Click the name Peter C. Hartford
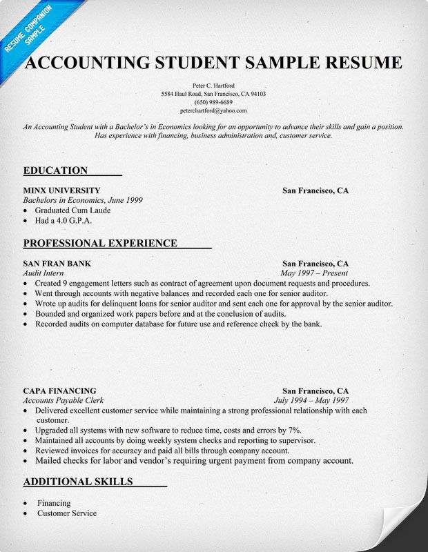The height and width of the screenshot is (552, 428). tap(214, 83)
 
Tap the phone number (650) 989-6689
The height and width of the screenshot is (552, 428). tap(214, 101)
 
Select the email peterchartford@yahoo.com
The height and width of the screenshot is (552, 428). tap(214, 110)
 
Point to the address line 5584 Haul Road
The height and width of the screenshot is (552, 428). tap(214, 92)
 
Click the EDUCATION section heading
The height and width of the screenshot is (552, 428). tap(55, 170)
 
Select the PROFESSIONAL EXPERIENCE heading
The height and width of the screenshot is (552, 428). tap(100, 243)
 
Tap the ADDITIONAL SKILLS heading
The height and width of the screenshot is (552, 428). tap(77, 481)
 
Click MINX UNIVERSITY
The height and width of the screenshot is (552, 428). tap(61, 190)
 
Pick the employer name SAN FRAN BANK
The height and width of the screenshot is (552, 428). tap(57, 264)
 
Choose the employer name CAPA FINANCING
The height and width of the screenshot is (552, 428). tap(59, 391)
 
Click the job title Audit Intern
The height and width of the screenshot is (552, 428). tap(43, 273)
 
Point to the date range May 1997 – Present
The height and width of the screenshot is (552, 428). tap(314, 273)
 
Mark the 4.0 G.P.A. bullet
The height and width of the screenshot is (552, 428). tap(64, 221)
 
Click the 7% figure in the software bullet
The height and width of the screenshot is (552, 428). tap(295, 430)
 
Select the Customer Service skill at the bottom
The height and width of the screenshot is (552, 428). tap(67, 513)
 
